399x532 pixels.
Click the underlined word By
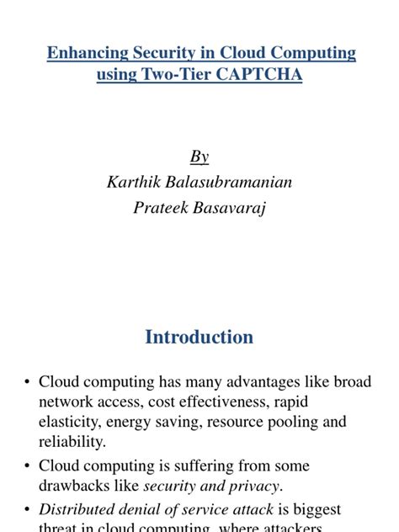point(199,157)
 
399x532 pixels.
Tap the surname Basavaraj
point(231,208)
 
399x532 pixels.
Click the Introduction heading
point(199,337)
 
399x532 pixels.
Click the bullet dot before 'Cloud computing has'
point(28,383)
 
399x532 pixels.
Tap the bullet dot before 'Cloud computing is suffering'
point(28,466)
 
